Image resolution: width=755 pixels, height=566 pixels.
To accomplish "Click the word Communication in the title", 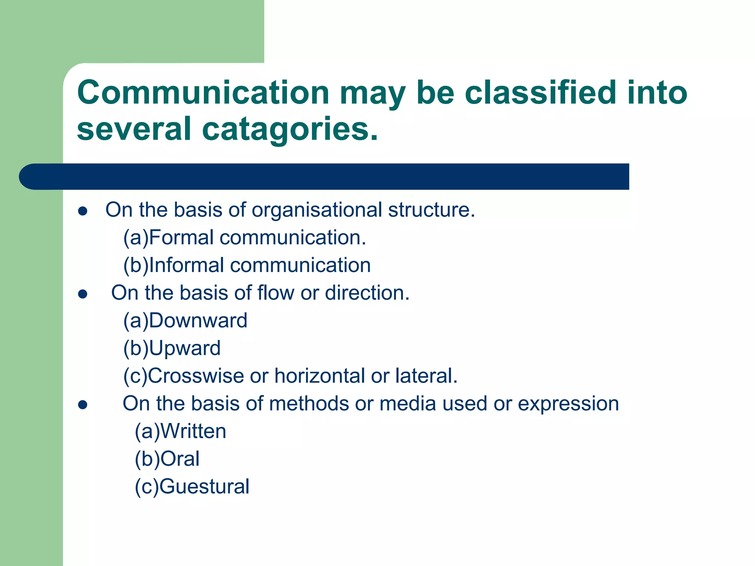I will [203, 93].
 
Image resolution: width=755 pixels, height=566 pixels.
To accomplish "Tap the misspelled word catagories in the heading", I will [290, 129].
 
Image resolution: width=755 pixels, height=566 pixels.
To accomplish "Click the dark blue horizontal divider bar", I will [324, 177].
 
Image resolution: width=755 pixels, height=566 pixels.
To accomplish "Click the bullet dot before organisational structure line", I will [83, 211].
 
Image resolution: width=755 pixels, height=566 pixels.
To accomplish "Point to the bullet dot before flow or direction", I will [83, 294].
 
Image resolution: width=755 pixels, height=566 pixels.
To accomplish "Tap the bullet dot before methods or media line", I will [83, 405].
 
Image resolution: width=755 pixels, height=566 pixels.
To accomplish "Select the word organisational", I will [317, 210].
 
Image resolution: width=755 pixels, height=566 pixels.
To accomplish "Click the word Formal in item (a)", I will [181, 238].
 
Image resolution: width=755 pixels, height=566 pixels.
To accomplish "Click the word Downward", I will [198, 321].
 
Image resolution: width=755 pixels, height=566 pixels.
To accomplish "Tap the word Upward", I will [185, 348].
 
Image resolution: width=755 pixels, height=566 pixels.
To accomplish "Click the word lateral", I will [426, 376].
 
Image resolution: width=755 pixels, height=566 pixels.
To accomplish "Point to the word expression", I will [568, 404].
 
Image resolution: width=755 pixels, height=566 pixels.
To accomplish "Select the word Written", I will [193, 432].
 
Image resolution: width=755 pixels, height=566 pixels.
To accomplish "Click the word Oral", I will [180, 459].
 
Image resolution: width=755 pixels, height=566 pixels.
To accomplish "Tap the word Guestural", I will [205, 487].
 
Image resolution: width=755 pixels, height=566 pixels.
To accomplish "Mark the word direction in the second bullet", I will [367, 293].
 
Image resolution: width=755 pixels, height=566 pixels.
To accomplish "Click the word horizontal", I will [320, 376].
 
